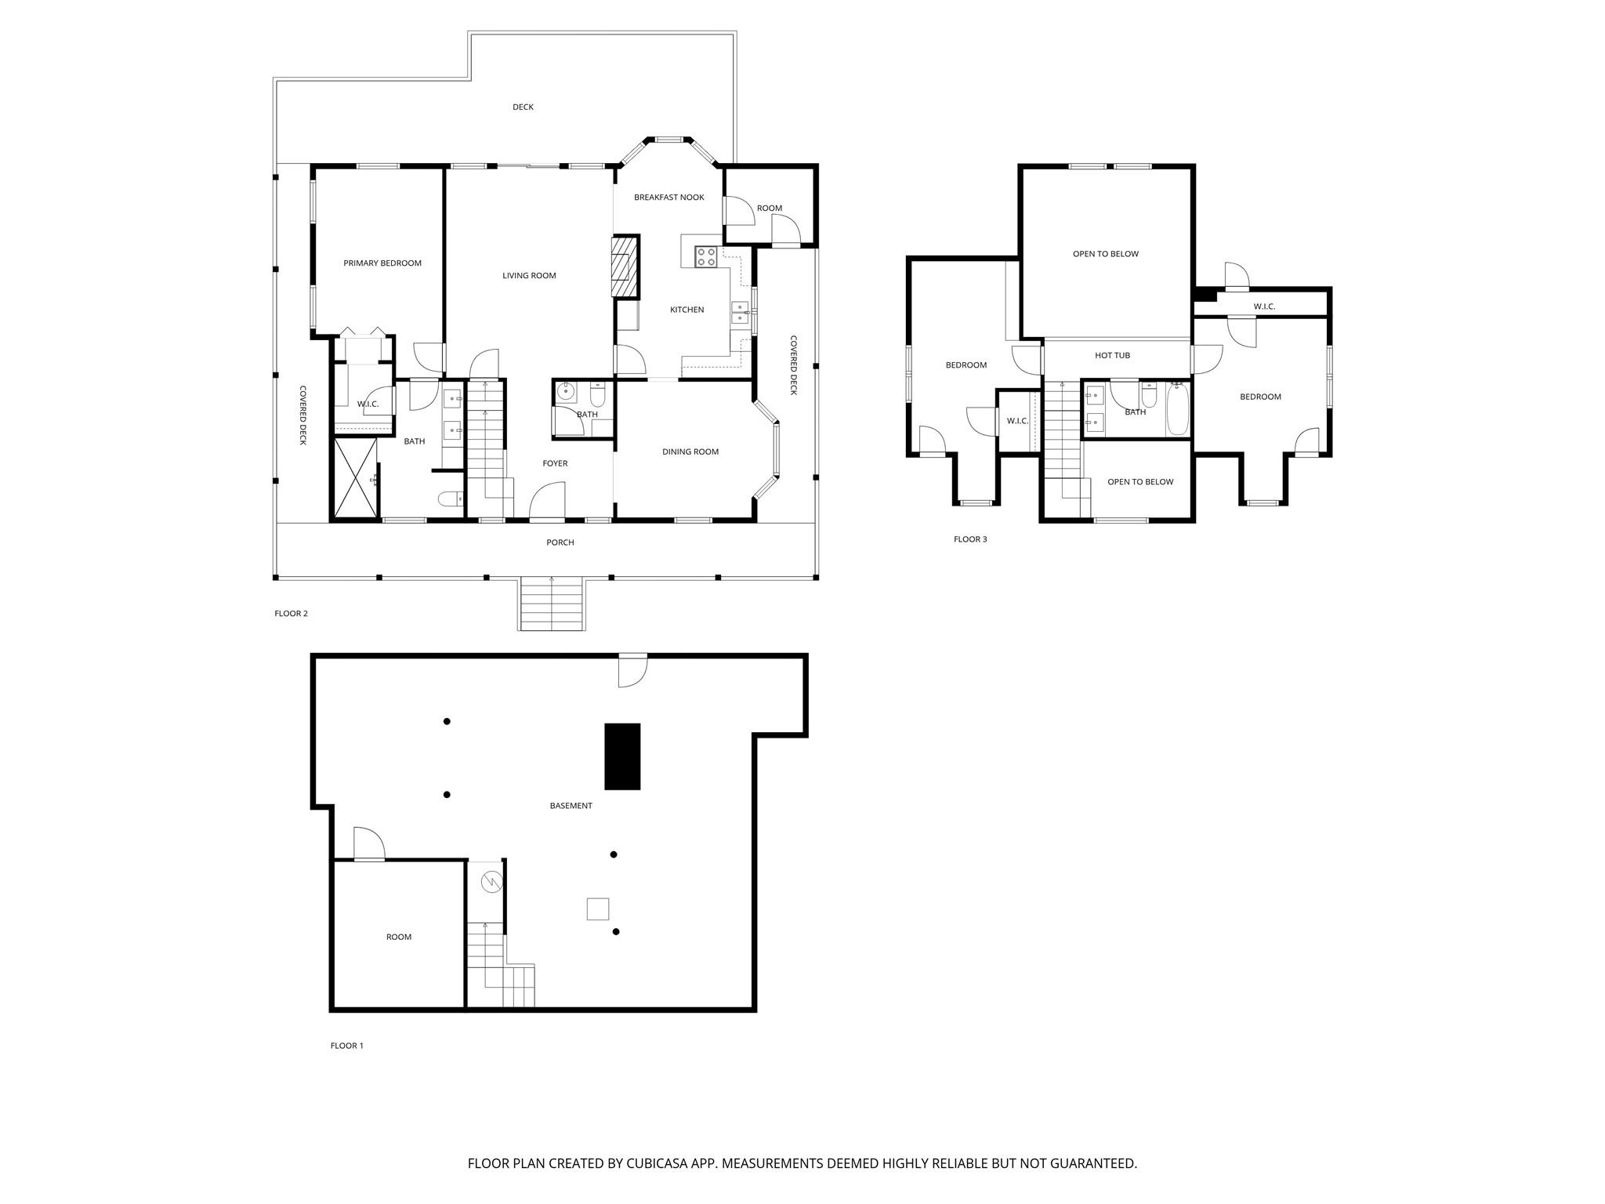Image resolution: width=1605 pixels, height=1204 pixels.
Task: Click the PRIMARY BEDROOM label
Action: [382, 263]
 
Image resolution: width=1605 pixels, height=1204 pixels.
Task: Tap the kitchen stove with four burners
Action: [706, 256]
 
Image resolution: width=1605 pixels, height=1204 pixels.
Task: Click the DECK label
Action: [523, 107]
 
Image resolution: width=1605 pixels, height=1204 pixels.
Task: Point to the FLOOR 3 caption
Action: [970, 539]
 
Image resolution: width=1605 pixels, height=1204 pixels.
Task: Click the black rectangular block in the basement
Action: [622, 756]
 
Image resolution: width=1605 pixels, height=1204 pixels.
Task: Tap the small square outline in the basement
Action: [598, 908]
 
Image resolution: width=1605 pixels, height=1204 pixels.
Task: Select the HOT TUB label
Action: [1112, 356]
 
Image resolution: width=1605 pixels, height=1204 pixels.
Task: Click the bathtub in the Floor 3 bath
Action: [1177, 408]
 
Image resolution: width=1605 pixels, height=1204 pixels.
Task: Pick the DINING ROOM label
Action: [690, 452]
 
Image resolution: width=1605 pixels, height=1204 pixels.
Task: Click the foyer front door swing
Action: [548, 502]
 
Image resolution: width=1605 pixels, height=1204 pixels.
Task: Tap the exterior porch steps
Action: [552, 604]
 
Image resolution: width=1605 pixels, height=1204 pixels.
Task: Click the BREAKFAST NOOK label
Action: [668, 198]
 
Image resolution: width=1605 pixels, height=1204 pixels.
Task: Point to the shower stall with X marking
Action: [355, 478]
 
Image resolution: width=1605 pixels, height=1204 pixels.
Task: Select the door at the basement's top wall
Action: [632, 670]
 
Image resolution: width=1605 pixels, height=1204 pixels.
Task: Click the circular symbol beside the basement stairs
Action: [491, 882]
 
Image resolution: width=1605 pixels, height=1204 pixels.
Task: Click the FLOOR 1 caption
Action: [346, 1046]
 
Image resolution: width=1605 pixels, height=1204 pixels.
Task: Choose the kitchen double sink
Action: [740, 312]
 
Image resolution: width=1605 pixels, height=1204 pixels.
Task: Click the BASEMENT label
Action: [571, 806]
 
